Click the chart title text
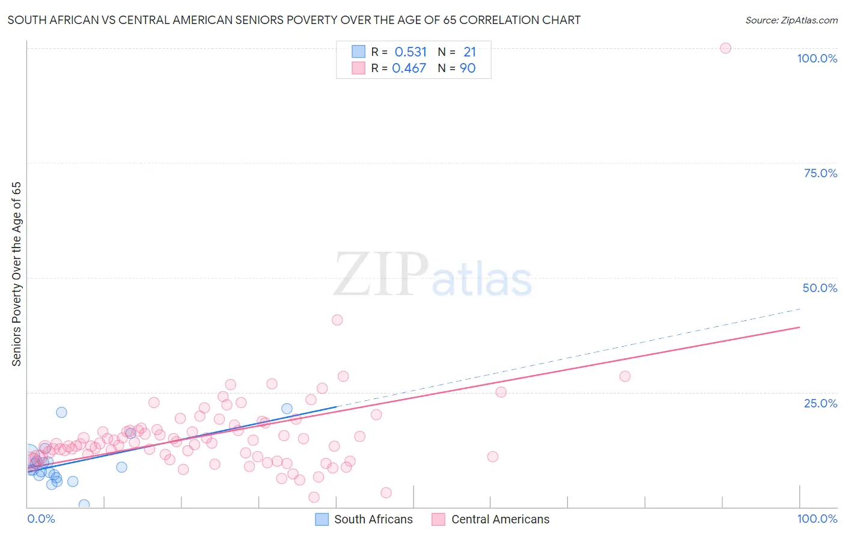(x=294, y=20)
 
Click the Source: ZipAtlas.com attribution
(x=791, y=20)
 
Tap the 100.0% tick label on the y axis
(x=817, y=58)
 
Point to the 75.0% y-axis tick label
(x=820, y=173)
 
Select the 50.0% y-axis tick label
(x=820, y=288)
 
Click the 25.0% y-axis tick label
(x=820, y=403)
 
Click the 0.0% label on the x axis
(x=41, y=519)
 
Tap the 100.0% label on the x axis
(x=817, y=519)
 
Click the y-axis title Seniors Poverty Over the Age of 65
(x=16, y=273)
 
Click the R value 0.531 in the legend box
(x=410, y=52)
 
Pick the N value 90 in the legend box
(x=468, y=68)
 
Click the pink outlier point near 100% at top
(x=725, y=48)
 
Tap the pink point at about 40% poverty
(x=337, y=320)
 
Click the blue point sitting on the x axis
(x=84, y=505)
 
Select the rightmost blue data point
(x=287, y=409)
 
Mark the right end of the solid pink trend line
(x=799, y=327)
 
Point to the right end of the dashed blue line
(x=800, y=309)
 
